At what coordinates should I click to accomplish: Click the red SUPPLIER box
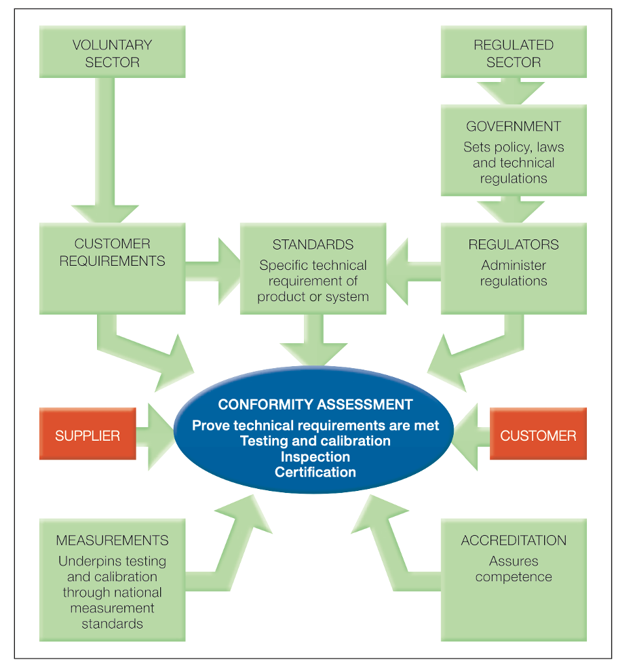pos(88,435)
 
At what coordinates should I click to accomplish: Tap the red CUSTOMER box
pos(538,435)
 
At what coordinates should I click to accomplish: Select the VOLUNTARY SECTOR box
pos(112,54)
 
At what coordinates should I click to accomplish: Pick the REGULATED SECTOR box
pos(514,54)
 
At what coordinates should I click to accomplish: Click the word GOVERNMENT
pos(514,127)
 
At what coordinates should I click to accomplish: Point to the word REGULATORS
pos(514,245)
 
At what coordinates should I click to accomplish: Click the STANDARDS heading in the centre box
pos(313,245)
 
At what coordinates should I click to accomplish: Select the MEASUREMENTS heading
pos(112,540)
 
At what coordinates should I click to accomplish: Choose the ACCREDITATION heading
pos(514,540)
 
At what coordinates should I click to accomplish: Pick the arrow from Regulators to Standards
pos(414,271)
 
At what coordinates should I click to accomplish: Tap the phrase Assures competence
pos(514,569)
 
